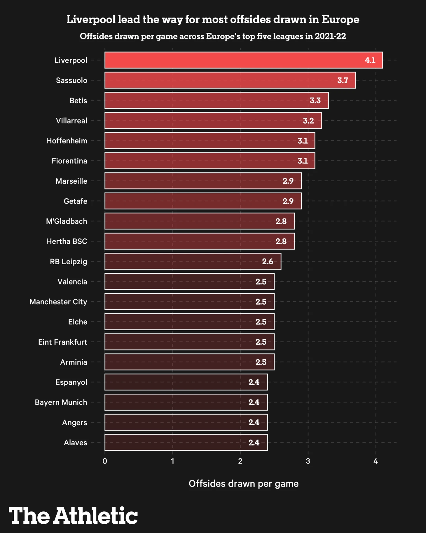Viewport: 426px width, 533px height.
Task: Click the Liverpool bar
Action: (243, 60)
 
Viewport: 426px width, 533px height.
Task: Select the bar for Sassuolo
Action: (230, 80)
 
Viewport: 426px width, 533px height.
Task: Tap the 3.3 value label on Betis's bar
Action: (315, 100)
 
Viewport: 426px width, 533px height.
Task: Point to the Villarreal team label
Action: (71, 121)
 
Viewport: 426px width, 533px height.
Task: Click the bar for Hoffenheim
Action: (209, 141)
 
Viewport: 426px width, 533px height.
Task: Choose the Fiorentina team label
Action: (69, 161)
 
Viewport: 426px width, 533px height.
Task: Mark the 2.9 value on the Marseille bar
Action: (288, 181)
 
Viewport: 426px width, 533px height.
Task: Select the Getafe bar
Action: (203, 201)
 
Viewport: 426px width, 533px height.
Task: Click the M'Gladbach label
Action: (67, 221)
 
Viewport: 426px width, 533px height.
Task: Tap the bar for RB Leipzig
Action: (193, 261)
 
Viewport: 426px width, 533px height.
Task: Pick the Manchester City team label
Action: (58, 302)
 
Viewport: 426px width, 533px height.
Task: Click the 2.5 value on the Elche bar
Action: (261, 322)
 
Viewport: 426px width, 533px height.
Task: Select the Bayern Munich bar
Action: (186, 402)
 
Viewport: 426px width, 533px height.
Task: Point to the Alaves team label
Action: (75, 442)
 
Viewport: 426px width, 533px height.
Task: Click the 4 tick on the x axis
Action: (376, 461)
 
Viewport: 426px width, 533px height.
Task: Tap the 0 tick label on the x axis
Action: (105, 461)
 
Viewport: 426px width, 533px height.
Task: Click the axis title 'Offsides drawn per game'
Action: (243, 484)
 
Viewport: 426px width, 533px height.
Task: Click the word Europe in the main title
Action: (341, 20)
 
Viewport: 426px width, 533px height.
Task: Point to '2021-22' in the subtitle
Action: (330, 36)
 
